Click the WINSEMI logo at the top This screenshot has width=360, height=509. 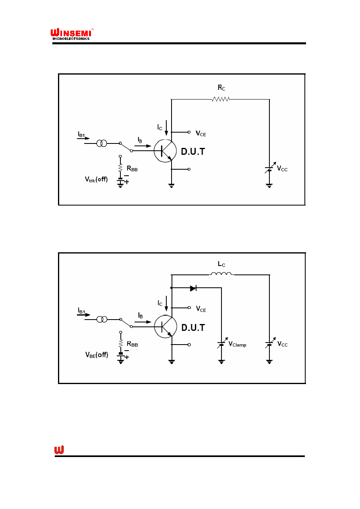point(72,34)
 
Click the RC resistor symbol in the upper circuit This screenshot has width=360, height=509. point(221,99)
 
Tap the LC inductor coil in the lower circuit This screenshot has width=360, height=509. point(221,274)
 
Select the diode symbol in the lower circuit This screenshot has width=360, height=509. point(193,289)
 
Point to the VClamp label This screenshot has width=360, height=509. point(237,344)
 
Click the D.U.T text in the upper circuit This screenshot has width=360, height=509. point(193,152)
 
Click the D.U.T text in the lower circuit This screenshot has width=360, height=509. point(193,327)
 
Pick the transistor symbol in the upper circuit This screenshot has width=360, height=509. point(165,151)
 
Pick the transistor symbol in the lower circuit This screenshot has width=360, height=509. point(166,326)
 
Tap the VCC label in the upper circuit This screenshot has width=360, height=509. point(282,168)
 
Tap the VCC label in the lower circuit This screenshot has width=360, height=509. point(282,344)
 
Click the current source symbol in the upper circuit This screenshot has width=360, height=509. point(102,143)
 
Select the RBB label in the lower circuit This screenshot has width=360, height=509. point(132,344)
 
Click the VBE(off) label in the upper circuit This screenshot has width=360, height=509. point(96,179)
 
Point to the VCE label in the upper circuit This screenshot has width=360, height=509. point(201,133)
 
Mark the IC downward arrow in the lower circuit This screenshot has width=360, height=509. point(166,303)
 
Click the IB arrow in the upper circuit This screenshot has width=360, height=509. point(143,146)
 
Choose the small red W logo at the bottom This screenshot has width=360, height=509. point(59,450)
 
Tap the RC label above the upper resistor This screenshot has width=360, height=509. point(221,88)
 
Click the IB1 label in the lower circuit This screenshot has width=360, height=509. point(81,310)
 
